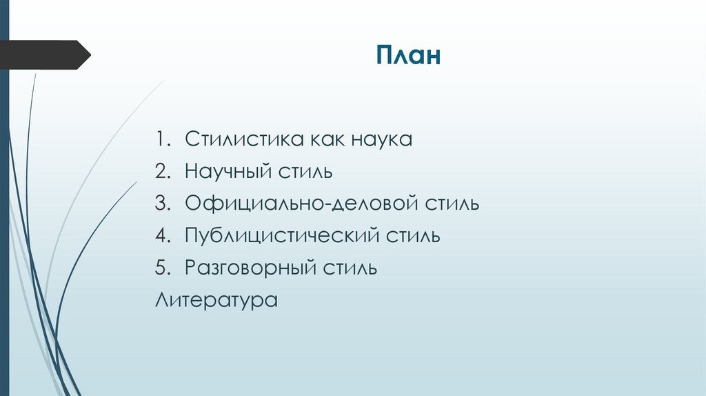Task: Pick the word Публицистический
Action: coord(282,235)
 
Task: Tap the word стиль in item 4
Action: coord(412,235)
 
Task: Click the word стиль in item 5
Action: coord(349,267)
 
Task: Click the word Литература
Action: coord(216,300)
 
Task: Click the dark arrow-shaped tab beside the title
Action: coord(45,55)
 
